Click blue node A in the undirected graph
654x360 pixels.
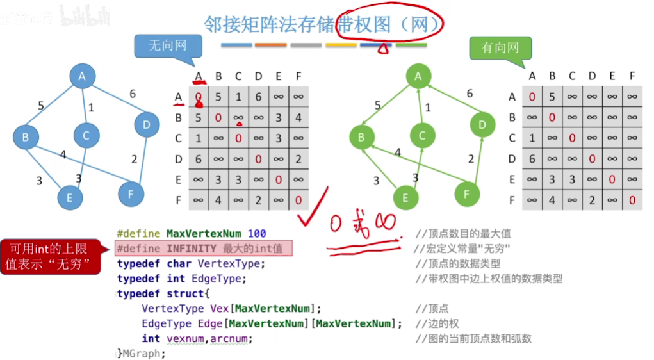[82, 77]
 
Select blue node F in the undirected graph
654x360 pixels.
[131, 193]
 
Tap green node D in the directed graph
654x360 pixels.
[482, 124]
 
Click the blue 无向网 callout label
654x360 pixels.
[168, 46]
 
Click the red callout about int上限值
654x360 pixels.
[49, 256]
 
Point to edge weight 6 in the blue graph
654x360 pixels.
[133, 94]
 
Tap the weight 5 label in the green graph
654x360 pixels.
[377, 105]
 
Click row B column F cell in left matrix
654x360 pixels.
[298, 118]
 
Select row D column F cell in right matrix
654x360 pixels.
[632, 159]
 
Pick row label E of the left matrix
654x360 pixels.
[179, 180]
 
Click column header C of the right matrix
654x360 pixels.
[572, 77]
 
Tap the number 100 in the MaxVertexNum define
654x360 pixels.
[256, 233]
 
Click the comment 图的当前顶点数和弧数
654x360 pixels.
[473, 338]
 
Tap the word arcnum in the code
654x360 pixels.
[231, 338]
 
